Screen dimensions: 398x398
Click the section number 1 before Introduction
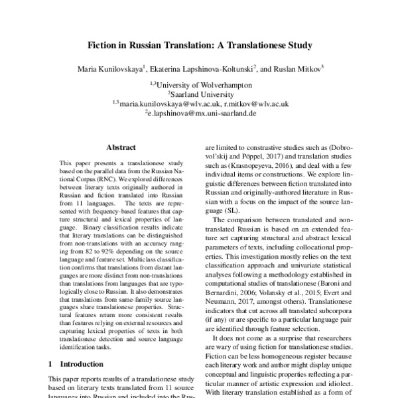[52, 364]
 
